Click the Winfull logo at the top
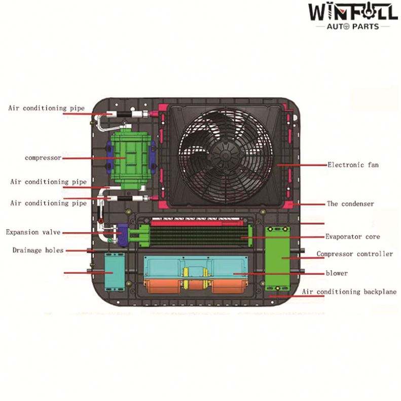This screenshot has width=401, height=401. (352, 12)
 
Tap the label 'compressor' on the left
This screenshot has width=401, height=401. (43, 158)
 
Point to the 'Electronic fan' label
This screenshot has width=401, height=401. (353, 165)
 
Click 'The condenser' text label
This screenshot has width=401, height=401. (350, 204)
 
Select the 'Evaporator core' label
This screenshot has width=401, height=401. (352, 237)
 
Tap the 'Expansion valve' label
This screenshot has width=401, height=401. (33, 232)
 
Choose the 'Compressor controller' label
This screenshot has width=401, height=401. (354, 254)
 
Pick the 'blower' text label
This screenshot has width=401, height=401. (337, 273)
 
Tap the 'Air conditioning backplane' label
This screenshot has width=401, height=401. (349, 292)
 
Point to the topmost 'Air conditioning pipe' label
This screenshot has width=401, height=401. (46, 108)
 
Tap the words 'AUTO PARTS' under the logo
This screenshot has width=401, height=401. (353, 26)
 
